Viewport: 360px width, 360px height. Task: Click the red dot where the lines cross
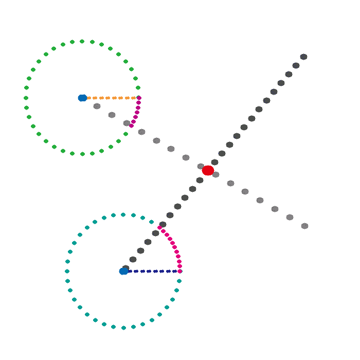click(x=208, y=170)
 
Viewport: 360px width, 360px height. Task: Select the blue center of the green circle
click(x=82, y=98)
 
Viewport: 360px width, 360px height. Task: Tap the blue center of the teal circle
click(x=123, y=271)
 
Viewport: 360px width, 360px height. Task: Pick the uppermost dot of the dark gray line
click(x=303, y=57)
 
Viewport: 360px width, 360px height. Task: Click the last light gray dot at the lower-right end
click(x=304, y=226)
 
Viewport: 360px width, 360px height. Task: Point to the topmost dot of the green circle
click(x=82, y=41)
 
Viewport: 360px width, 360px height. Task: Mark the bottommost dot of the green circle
click(x=82, y=154)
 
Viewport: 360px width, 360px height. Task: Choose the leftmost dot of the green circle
click(x=26, y=98)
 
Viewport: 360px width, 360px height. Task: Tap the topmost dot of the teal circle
click(x=123, y=214)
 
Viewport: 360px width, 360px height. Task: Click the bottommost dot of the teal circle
click(x=123, y=328)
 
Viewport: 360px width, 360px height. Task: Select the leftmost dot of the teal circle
click(x=67, y=271)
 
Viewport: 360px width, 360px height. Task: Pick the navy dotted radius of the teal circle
click(x=152, y=271)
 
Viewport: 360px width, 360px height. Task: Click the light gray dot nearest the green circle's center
click(x=97, y=106)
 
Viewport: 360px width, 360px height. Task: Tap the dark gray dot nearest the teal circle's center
click(x=125, y=268)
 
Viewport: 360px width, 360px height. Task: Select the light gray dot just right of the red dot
click(x=215, y=174)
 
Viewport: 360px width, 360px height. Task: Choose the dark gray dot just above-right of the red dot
click(x=214, y=162)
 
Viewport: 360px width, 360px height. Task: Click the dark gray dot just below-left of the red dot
click(x=200, y=179)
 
